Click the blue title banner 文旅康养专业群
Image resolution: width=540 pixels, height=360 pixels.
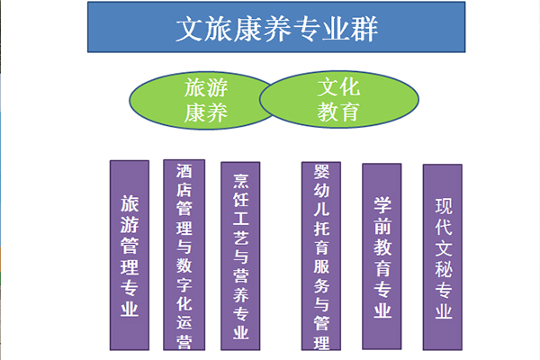tap(276, 27)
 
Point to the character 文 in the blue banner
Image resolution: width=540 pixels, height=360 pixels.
tap(189, 29)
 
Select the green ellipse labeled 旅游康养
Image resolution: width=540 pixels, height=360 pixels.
tap(203, 101)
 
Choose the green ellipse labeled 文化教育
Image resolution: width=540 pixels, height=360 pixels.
tap(339, 100)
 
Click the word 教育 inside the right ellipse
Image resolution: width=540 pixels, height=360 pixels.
tap(338, 112)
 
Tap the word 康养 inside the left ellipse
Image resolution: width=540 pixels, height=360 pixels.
tap(206, 112)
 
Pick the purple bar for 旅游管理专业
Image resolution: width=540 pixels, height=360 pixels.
tap(130, 256)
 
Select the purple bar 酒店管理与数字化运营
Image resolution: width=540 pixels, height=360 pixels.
tap(184, 255)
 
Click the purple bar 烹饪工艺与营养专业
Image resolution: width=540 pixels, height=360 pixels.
tap(240, 256)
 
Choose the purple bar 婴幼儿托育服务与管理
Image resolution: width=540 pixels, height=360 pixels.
tap(321, 256)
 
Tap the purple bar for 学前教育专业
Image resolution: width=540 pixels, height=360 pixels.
tap(382, 256)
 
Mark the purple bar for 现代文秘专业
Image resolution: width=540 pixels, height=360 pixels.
tap(443, 257)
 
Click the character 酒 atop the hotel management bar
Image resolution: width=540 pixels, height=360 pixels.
tap(184, 171)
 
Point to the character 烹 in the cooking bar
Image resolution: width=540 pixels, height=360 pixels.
tap(240, 181)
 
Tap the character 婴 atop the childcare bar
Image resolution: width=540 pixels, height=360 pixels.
tap(321, 171)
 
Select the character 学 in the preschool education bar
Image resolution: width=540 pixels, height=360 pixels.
tap(382, 205)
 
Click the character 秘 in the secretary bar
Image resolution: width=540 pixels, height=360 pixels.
tap(443, 269)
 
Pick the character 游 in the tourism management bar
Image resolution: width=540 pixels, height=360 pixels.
tap(130, 225)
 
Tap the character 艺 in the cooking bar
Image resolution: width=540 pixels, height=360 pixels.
tap(240, 238)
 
